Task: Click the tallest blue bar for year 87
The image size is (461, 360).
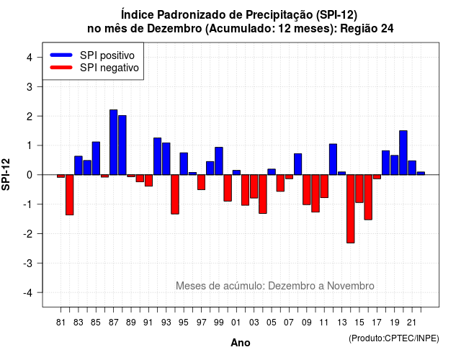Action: (x=114, y=143)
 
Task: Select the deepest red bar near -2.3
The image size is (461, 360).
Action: (x=351, y=209)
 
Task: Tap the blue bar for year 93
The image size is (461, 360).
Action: (x=166, y=158)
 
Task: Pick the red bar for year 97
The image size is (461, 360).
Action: (x=202, y=182)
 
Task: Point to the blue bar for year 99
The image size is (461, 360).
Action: (x=219, y=161)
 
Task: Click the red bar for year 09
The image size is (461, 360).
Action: (x=307, y=189)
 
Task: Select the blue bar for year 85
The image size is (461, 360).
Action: (x=96, y=158)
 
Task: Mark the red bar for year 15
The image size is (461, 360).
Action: (x=359, y=189)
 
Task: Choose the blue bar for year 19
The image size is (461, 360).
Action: (x=395, y=165)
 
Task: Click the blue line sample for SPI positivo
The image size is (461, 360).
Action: (x=61, y=55)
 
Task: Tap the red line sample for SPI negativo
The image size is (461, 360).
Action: (x=61, y=68)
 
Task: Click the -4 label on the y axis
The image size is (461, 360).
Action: (x=29, y=293)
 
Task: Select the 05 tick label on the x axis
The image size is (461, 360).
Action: (x=272, y=323)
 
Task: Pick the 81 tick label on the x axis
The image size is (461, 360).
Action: (x=61, y=323)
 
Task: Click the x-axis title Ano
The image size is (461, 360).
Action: (x=241, y=343)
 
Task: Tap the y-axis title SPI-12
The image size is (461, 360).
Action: (x=6, y=174)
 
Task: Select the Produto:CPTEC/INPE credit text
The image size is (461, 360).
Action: (x=394, y=338)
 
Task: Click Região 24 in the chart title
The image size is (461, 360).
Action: (x=367, y=29)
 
